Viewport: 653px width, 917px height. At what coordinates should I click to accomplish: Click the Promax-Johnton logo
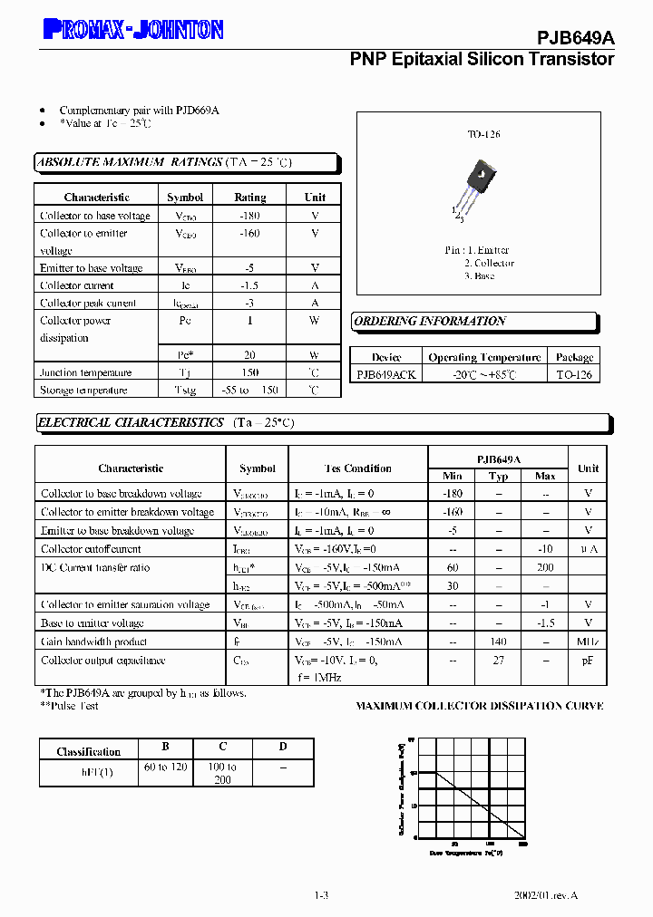pyautogui.click(x=132, y=30)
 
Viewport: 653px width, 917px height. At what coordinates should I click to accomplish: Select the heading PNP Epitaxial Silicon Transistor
pyautogui.click(x=482, y=59)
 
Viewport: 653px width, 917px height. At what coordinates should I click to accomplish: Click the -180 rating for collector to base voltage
pyautogui.click(x=249, y=216)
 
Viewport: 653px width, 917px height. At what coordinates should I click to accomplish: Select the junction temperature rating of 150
pyautogui.click(x=249, y=372)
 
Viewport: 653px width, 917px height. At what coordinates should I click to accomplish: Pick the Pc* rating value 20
pyautogui.click(x=249, y=355)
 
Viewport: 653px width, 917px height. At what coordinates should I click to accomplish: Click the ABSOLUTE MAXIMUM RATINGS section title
pyautogui.click(x=129, y=162)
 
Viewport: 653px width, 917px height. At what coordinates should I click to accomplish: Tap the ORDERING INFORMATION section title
pyautogui.click(x=430, y=321)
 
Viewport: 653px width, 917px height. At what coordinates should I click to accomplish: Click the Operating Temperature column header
pyautogui.click(x=484, y=357)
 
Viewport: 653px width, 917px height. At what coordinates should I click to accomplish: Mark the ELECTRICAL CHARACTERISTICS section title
pyautogui.click(x=131, y=422)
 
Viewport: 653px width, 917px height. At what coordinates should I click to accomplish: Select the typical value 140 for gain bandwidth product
pyautogui.click(x=498, y=642)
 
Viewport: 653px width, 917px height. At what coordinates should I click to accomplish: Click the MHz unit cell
pyautogui.click(x=588, y=642)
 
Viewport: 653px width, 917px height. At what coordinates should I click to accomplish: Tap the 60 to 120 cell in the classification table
pyautogui.click(x=164, y=767)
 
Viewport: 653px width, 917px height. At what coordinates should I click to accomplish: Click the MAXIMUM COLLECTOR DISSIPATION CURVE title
pyautogui.click(x=479, y=706)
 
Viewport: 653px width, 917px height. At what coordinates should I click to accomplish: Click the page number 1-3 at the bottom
pyautogui.click(x=320, y=895)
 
